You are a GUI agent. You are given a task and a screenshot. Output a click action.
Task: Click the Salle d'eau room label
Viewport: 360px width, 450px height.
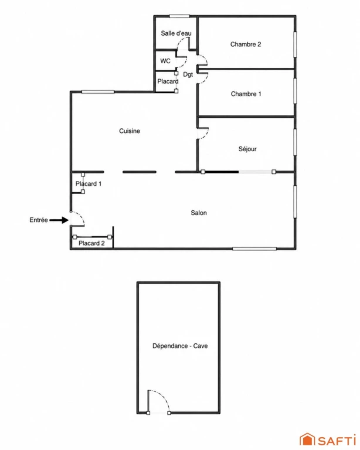(x=176, y=33)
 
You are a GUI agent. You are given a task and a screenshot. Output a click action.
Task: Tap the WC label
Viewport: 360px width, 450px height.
(x=165, y=61)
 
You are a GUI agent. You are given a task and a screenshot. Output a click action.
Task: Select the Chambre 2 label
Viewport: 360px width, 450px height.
(x=246, y=44)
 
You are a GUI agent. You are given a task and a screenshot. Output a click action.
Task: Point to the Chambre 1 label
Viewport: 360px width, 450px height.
(x=246, y=94)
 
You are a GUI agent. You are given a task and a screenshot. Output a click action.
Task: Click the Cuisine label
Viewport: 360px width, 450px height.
(x=130, y=131)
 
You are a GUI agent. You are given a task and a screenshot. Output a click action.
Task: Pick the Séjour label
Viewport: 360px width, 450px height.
(x=247, y=149)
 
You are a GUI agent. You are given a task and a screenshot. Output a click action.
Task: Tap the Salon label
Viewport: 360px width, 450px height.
(x=199, y=213)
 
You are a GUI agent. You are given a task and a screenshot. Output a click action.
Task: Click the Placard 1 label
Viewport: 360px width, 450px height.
(x=89, y=183)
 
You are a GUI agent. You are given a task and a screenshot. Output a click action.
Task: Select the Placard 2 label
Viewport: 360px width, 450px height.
(x=91, y=243)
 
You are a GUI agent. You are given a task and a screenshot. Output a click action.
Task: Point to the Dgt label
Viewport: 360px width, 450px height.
(x=188, y=74)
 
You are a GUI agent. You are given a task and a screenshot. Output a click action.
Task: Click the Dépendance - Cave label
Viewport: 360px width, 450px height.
(x=180, y=346)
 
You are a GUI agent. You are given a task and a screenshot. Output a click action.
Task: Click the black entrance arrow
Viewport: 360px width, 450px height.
(x=59, y=220)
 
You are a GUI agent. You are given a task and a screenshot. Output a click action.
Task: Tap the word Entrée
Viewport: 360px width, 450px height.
(x=39, y=220)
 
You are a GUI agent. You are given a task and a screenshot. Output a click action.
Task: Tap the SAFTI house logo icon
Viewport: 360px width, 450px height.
(x=307, y=439)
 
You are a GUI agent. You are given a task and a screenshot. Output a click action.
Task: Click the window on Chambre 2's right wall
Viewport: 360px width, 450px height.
(x=295, y=44)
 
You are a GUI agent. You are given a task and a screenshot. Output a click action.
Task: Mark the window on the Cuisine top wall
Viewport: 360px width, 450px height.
(x=98, y=92)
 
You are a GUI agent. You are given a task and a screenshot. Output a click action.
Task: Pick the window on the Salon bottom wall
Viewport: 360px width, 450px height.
(x=254, y=248)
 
